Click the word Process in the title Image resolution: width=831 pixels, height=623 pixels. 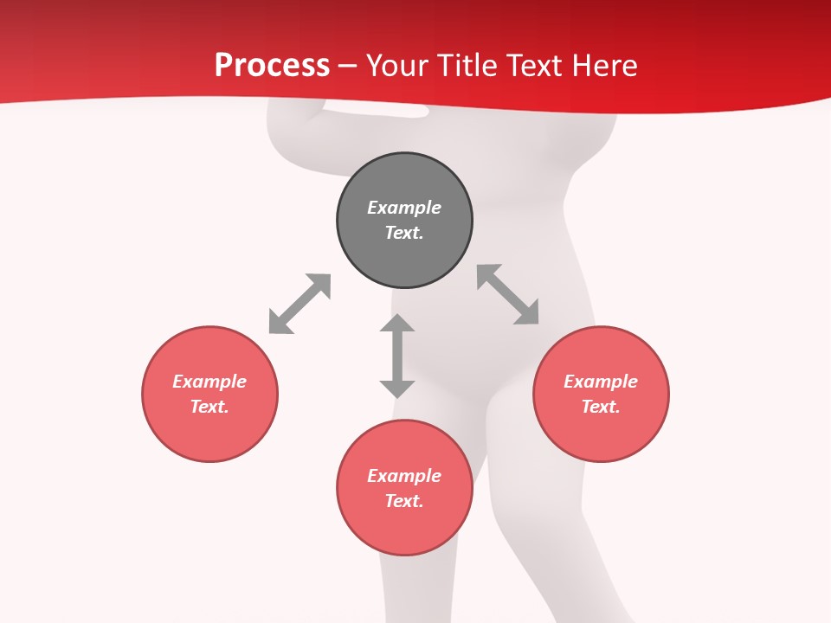(x=272, y=66)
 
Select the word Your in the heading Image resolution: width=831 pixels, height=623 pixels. (x=395, y=66)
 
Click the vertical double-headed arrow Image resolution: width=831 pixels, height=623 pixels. (x=397, y=356)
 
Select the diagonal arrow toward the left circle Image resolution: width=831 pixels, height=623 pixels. (x=300, y=304)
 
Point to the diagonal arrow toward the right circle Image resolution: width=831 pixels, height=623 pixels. (x=508, y=294)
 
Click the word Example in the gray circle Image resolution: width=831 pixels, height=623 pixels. (x=404, y=208)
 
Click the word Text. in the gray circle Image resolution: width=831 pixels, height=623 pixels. (x=404, y=233)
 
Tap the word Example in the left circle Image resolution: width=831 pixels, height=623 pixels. (x=209, y=382)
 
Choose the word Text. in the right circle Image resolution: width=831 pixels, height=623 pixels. (x=601, y=407)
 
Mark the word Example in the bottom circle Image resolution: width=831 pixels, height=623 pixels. (x=404, y=476)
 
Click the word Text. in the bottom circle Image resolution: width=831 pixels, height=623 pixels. (x=404, y=501)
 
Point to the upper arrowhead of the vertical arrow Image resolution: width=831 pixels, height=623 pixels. (x=397, y=324)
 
